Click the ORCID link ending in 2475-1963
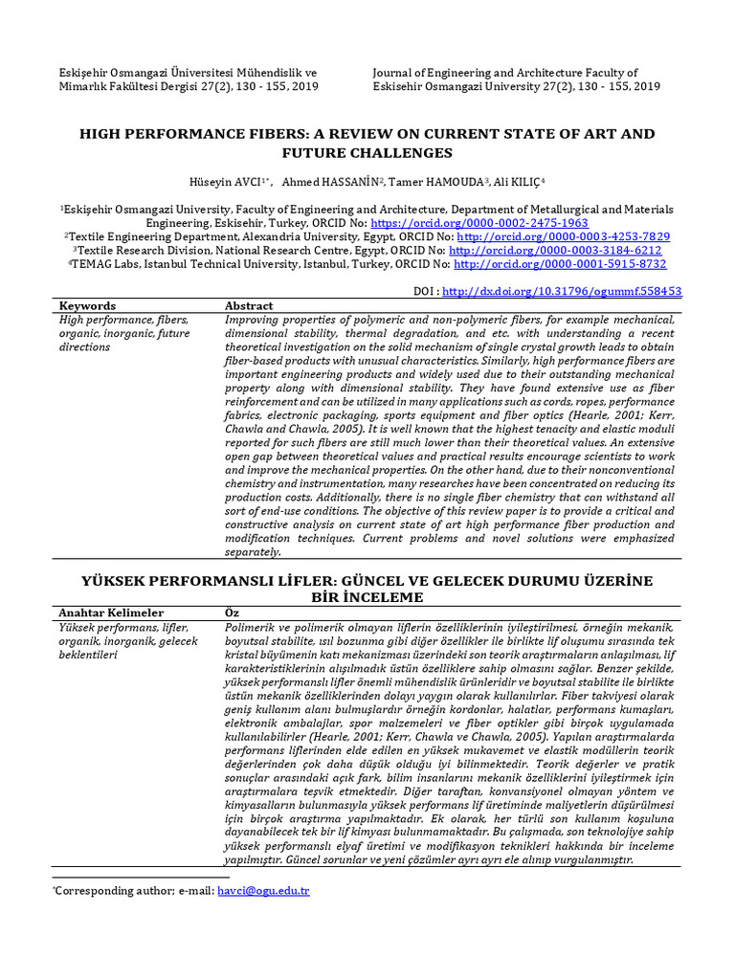point(499,222)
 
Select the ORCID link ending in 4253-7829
point(564,236)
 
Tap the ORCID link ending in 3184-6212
point(555,250)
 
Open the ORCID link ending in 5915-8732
point(560,264)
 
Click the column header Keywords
point(87,306)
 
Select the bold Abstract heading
point(249,306)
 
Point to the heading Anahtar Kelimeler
point(111,612)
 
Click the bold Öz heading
point(231,612)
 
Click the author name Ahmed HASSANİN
point(318,182)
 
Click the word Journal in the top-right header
point(395,73)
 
